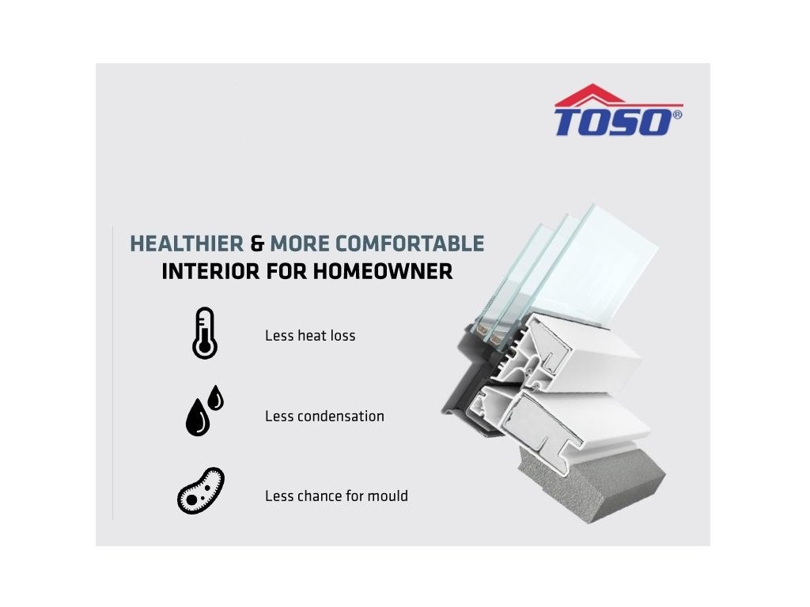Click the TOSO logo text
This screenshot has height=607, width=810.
click(x=613, y=123)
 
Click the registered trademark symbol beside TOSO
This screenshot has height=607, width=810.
click(x=677, y=114)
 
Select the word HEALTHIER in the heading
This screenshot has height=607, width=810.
click(x=187, y=243)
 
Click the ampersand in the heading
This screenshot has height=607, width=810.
click(x=257, y=243)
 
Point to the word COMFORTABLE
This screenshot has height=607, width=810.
click(x=410, y=243)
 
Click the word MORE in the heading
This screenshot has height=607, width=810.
click(x=300, y=243)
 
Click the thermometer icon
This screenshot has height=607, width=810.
click(x=205, y=334)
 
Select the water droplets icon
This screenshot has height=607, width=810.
click(x=204, y=410)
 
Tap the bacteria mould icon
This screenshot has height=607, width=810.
click(x=200, y=491)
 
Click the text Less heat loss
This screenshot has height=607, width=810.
click(x=310, y=335)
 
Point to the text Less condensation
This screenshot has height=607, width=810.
click(x=324, y=416)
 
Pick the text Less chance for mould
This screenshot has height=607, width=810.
click(x=336, y=496)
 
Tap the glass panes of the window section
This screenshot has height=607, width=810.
click(x=568, y=269)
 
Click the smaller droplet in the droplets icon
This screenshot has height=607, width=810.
click(x=215, y=398)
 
